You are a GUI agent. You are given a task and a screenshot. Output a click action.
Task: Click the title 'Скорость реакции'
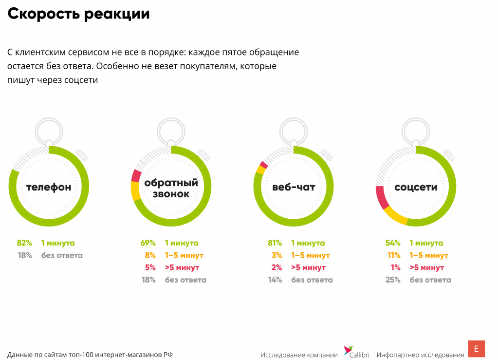[x=78, y=14]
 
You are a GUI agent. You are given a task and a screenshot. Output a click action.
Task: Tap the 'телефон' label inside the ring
[x=49, y=187]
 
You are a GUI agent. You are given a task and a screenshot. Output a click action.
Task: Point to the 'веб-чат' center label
[x=294, y=187]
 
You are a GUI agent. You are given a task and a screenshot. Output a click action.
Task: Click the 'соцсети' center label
[x=416, y=187]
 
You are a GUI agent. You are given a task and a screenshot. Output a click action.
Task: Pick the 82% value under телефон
[x=24, y=243]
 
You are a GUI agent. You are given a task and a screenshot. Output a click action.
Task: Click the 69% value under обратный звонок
[x=148, y=243]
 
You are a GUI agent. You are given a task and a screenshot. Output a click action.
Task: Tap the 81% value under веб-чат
[x=275, y=243]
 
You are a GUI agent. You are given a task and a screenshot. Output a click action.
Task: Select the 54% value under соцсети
[x=392, y=243]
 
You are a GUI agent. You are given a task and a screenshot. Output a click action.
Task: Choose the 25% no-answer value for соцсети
[x=392, y=280]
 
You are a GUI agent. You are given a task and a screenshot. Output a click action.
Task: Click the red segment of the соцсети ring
[x=381, y=198]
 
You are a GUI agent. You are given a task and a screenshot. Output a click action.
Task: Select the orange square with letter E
[x=476, y=349]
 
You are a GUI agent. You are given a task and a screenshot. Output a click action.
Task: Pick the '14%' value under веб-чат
[x=275, y=280]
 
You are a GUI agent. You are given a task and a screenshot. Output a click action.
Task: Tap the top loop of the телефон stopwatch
[x=49, y=129]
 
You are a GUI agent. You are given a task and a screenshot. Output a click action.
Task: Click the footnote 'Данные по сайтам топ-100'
[x=90, y=355]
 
